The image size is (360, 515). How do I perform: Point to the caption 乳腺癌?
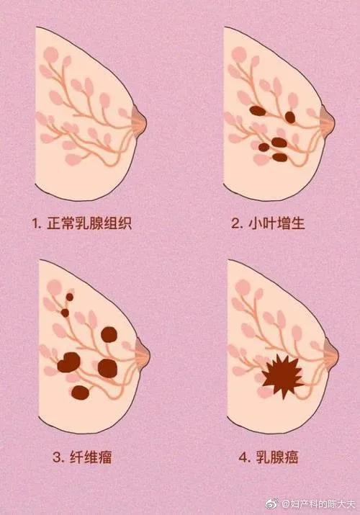click(x=271, y=457)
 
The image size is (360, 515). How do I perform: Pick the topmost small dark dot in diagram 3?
click(x=70, y=296)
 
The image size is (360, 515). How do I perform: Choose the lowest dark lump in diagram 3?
click(x=80, y=393)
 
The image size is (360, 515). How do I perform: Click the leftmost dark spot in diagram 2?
click(x=256, y=111)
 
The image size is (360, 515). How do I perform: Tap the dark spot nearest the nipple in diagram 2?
click(x=290, y=116)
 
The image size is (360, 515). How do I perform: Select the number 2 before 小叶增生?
click(x=236, y=223)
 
